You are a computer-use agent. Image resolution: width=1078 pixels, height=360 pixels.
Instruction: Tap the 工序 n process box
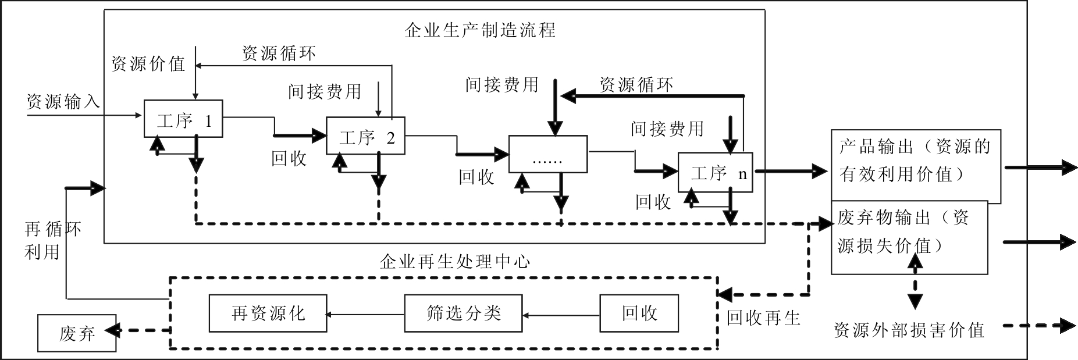715,172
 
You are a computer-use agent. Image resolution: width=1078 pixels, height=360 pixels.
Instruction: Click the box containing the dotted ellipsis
547,154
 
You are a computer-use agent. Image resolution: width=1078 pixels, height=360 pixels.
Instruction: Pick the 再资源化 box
268,313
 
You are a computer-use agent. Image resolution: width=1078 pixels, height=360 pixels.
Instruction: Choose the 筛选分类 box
463,313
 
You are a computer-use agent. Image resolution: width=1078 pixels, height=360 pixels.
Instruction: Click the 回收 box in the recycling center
639,313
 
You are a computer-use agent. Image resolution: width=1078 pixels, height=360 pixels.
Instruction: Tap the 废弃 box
77,333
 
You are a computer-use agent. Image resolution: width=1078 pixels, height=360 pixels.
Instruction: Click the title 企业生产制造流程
480,30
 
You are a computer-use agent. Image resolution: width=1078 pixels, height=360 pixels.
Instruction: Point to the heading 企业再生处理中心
455,261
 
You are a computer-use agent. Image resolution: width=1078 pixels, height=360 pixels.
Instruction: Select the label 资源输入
63,102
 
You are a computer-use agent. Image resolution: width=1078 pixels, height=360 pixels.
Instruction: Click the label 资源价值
148,63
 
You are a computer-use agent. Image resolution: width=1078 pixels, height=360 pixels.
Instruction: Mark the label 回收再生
763,317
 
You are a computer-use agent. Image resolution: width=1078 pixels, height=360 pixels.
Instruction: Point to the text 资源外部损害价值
909,330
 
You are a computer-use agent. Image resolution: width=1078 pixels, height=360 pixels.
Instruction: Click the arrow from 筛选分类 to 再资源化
365,315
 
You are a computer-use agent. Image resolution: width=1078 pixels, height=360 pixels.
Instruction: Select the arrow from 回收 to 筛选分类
561,315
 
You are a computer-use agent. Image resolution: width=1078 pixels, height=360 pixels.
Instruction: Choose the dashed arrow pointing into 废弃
143,331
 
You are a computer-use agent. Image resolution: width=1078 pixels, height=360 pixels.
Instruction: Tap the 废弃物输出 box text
903,231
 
